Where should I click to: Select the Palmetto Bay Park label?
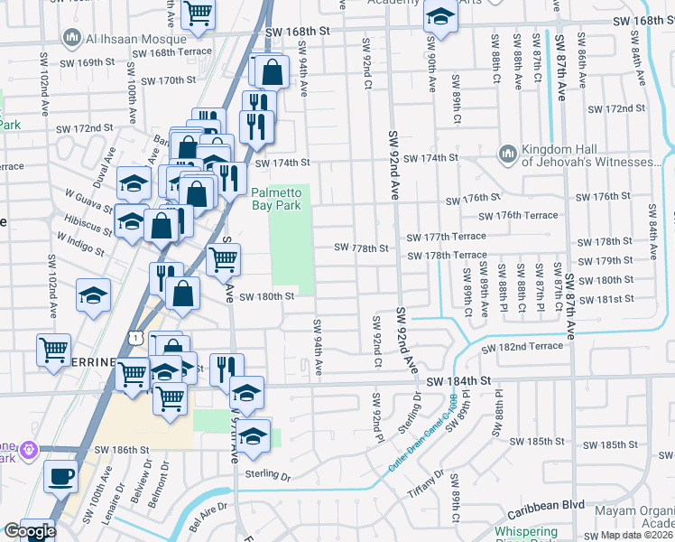(x=280, y=199)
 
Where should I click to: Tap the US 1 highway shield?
(x=134, y=337)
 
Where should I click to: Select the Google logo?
(x=29, y=530)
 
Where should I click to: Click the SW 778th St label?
(x=361, y=248)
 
